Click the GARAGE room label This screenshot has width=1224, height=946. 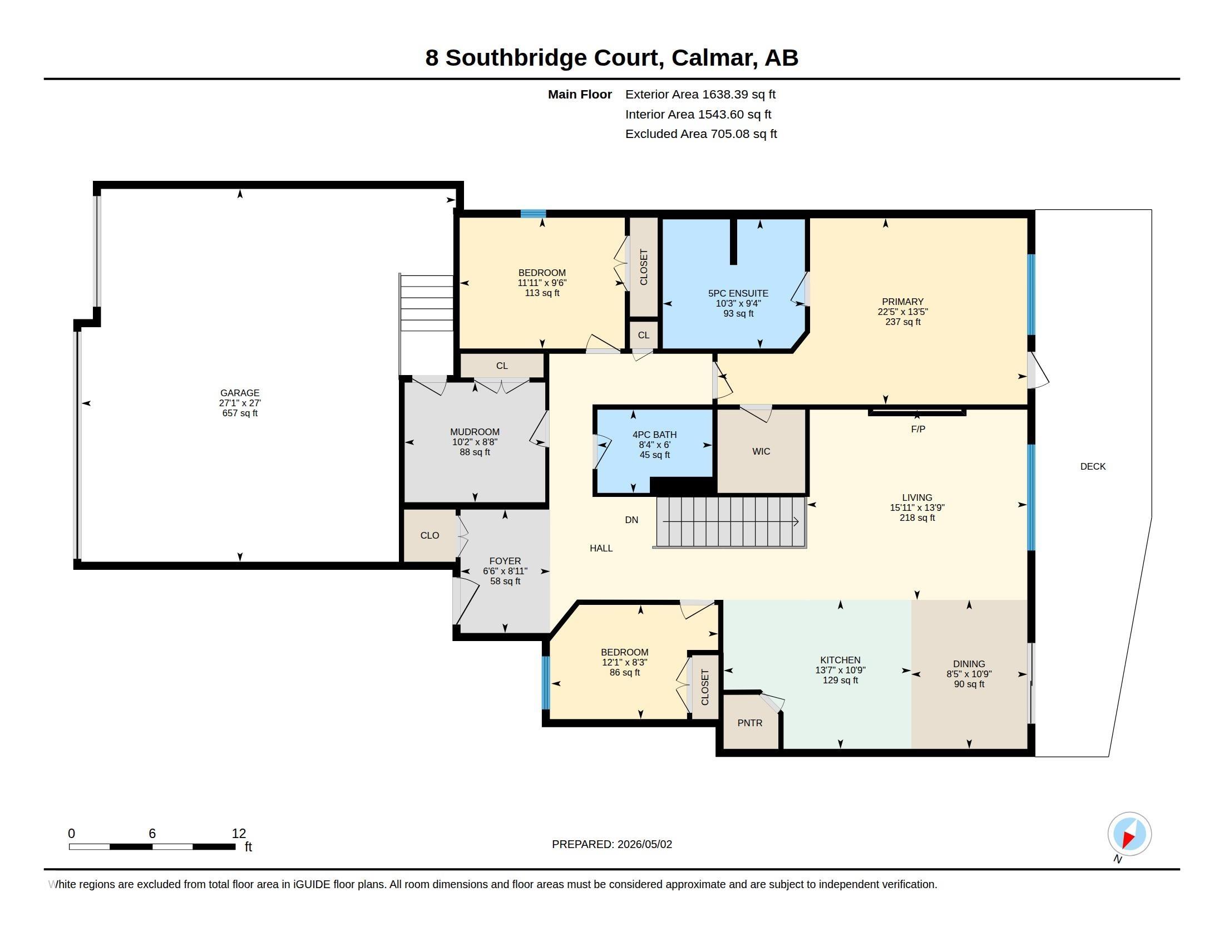[x=240, y=393]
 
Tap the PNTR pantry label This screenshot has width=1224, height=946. [x=750, y=723]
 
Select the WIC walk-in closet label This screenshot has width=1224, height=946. [x=761, y=451]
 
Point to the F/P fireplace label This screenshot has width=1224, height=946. [x=918, y=429]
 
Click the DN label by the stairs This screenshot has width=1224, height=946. [x=631, y=520]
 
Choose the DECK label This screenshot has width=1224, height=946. [x=1093, y=466]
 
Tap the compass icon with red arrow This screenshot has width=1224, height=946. [x=1129, y=834]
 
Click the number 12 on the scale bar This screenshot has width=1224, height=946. [x=239, y=834]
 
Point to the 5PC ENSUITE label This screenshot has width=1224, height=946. [x=738, y=293]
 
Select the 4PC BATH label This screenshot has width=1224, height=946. [x=655, y=435]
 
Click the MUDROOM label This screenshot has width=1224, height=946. [x=475, y=432]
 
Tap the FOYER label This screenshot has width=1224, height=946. [x=505, y=561]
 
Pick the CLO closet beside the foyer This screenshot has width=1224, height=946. [x=430, y=536]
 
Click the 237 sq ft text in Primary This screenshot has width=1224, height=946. [x=903, y=322]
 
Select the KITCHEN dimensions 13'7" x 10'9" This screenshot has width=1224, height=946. [x=840, y=671]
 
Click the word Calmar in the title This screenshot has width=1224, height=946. [x=714, y=58]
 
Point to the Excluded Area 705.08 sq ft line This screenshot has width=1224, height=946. [x=701, y=134]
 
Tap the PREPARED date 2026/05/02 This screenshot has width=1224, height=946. [x=644, y=844]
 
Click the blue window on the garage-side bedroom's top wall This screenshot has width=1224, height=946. [x=533, y=214]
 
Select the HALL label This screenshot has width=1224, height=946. [x=601, y=548]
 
